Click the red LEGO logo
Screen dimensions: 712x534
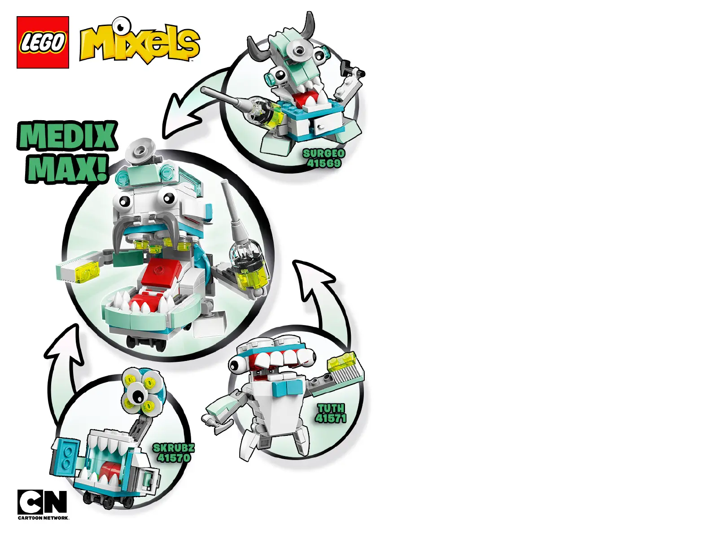(43, 43)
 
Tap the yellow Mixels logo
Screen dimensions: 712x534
(139, 43)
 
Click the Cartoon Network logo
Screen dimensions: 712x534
(43, 504)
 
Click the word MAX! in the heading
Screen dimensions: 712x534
(67, 168)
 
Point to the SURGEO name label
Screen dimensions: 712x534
(323, 153)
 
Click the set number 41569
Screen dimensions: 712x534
(323, 163)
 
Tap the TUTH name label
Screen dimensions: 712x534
(331, 408)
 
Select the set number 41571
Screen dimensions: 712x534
(331, 418)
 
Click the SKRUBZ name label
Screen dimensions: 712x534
(174, 447)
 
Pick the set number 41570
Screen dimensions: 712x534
(174, 458)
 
